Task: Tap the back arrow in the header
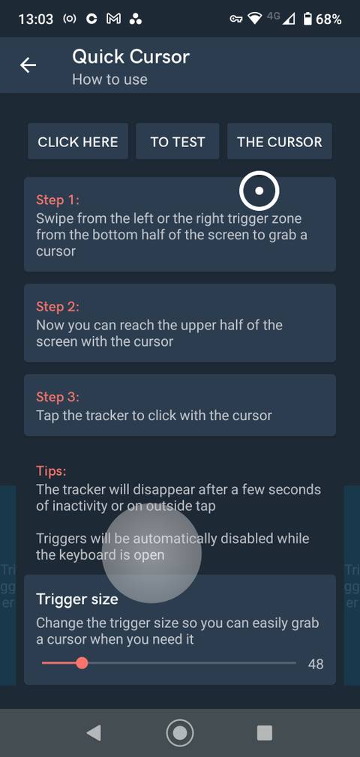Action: [x=28, y=65]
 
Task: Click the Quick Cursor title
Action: [x=130, y=56]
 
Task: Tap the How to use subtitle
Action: [x=109, y=80]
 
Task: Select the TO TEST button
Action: [x=178, y=142]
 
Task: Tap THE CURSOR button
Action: [x=279, y=142]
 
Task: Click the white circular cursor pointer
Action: [x=259, y=191]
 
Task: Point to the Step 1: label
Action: [x=57, y=200]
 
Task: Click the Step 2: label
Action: [x=57, y=307]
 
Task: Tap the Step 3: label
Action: [x=57, y=397]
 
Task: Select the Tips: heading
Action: [x=51, y=471]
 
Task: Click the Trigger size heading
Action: [x=77, y=599]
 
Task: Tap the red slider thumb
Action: [x=82, y=663]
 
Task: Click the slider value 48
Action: [x=316, y=664]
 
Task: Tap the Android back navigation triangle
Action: [x=94, y=733]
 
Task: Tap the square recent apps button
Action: [x=265, y=733]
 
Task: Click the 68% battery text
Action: [x=328, y=20]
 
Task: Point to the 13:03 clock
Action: [x=35, y=20]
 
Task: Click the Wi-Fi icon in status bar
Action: [x=255, y=19]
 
